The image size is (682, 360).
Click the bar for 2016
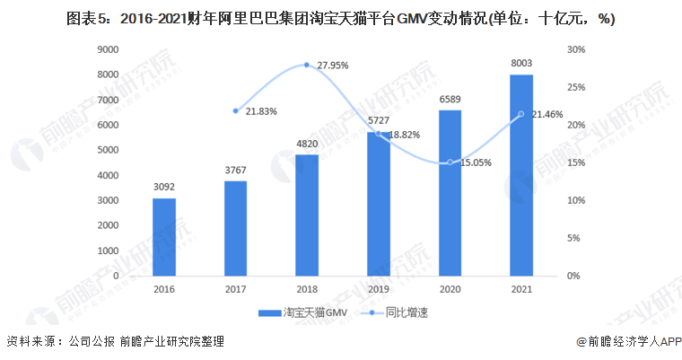164,237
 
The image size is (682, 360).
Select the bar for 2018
307,215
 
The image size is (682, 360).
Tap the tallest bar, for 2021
520,175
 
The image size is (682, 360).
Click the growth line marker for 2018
307,65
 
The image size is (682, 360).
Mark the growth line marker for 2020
450,162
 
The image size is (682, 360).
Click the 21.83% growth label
261,110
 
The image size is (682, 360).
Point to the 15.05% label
477,163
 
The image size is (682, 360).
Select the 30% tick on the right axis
577,49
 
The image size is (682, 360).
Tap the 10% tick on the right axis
577,200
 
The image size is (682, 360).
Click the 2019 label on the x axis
378,289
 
